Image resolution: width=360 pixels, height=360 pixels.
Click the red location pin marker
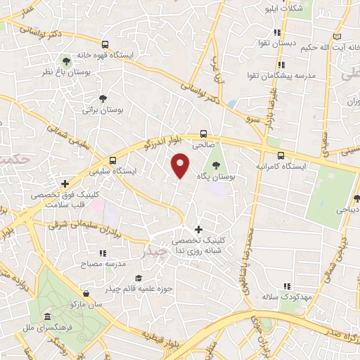tap(181, 165)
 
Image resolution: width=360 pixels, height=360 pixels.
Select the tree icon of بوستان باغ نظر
tap(67, 61)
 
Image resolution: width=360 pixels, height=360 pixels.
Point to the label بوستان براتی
tap(98, 110)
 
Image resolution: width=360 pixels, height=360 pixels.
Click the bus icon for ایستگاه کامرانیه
tap(281, 155)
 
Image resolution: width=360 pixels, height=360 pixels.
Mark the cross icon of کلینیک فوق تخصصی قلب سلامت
tap(64, 183)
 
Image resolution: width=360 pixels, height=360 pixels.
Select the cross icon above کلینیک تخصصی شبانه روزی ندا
tap(198, 229)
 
